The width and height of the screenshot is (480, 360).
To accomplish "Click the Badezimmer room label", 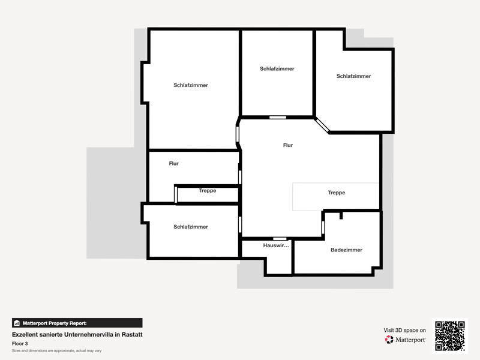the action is pos(346,250).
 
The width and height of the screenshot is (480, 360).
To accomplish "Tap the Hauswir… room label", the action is pos(276,245).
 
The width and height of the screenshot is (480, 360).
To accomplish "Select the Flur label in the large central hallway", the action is pos(288,145).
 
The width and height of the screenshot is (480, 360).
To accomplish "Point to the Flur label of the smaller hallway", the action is pos(173,163).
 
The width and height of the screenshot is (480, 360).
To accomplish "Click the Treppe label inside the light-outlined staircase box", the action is pos(337,193).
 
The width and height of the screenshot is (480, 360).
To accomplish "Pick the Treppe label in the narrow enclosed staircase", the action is pos(208,190).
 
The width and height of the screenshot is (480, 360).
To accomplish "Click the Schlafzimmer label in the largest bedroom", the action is pos(191,85).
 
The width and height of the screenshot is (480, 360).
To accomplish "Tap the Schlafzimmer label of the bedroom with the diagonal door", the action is pos(353,76).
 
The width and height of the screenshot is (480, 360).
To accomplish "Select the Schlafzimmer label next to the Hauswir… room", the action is pos(191,227).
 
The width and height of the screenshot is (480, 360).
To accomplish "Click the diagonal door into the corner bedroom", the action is pos(322,125).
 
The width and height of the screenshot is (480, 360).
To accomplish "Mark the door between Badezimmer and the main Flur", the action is pos(323,228).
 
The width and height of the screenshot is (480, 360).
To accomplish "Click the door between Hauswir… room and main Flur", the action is pos(280,238).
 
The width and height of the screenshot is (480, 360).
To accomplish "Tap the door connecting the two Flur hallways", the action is pos(239,177).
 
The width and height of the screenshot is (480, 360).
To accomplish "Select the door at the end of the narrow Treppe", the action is pos(176,194).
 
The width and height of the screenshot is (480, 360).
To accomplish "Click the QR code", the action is pos(450,336).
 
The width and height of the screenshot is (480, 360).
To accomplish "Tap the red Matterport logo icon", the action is pos(389,340).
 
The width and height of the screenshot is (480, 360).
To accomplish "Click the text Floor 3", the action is pos(20,343).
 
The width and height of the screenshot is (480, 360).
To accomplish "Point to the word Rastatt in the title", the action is pos(132,335).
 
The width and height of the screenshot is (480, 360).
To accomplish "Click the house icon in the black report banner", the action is pos(17,323).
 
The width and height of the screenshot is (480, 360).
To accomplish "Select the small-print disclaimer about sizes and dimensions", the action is pos(56,351).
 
